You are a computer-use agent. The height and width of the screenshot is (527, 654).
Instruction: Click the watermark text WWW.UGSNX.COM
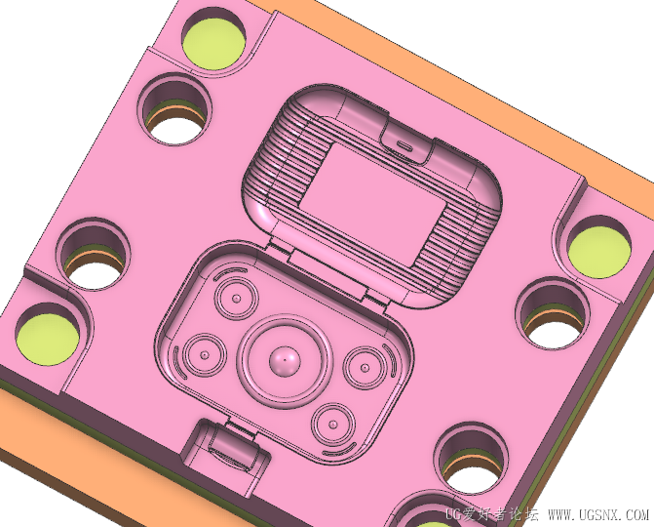click(598, 514)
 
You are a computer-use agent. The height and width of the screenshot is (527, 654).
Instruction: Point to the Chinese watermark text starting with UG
click(492, 514)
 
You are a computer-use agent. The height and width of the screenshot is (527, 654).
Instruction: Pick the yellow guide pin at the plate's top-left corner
click(214, 43)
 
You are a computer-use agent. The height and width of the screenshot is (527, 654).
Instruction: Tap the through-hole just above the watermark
click(472, 460)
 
